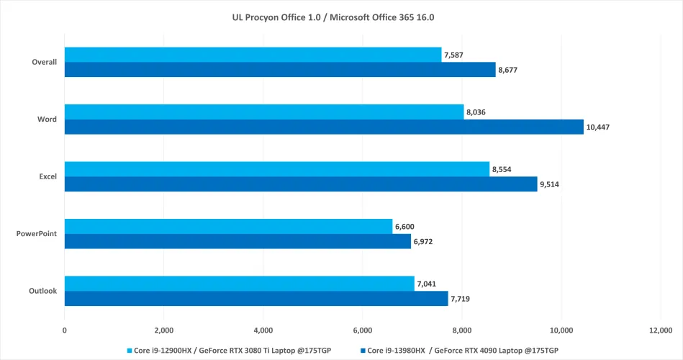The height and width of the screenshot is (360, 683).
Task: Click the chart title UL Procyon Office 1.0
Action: click(341, 17)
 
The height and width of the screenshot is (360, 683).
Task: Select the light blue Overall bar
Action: click(253, 55)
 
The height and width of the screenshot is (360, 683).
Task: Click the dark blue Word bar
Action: click(324, 127)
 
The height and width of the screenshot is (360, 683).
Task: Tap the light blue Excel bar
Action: click(277, 169)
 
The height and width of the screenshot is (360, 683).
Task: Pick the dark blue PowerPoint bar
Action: click(238, 241)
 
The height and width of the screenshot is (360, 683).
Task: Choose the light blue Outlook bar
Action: click(240, 284)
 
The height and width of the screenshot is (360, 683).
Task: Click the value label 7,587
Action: click(455, 55)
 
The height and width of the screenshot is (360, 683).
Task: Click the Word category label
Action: click(47, 119)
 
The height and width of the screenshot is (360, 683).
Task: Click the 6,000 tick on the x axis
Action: click(363, 330)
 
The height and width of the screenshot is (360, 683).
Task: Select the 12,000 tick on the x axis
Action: click(661, 330)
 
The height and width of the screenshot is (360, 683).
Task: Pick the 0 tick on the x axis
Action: click(65, 330)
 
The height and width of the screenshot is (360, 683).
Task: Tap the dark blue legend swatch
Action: click(361, 350)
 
